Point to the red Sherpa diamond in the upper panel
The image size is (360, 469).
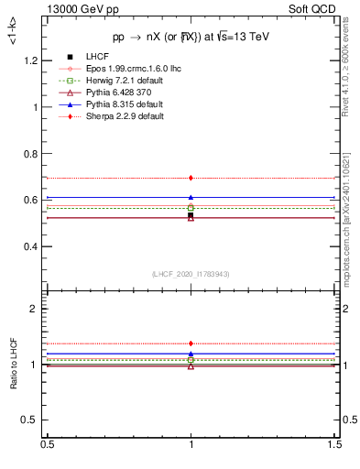191,178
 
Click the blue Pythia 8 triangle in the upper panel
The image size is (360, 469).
191,197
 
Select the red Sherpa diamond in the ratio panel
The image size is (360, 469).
191,344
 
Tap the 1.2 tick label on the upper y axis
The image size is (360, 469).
30,60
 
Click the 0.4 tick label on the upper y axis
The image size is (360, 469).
30,247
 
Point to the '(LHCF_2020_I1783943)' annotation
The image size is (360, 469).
191,274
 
